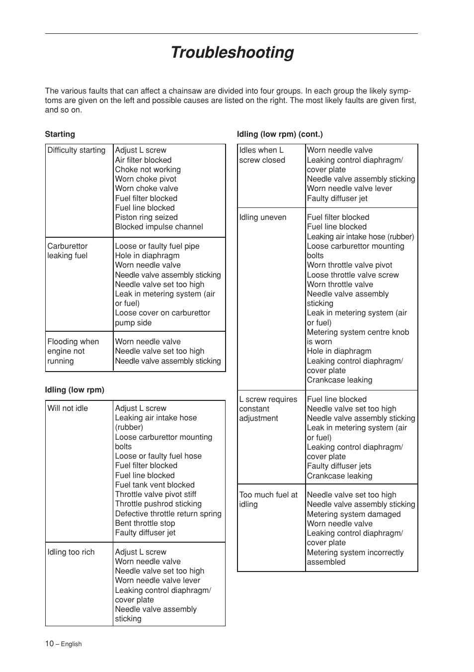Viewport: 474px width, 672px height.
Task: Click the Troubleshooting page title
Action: coord(232,52)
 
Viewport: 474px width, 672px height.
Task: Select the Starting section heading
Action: coord(60,134)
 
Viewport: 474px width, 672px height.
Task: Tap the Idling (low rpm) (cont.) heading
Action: coord(280,134)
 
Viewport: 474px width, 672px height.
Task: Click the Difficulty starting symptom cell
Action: coord(76,150)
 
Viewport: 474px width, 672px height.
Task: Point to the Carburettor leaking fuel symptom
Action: coord(67,251)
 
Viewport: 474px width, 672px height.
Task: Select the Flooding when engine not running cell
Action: coord(73,351)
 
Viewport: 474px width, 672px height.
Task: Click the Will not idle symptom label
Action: coord(68,408)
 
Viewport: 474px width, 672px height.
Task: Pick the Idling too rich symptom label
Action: coord(71,552)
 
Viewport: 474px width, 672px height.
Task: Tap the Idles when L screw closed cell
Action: coord(262,155)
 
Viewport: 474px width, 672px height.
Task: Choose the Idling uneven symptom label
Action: coord(262,217)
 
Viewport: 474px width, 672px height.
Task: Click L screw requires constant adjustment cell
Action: coord(268,409)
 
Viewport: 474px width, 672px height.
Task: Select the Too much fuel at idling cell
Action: coord(268,499)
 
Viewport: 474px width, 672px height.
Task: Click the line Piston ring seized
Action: coord(146,217)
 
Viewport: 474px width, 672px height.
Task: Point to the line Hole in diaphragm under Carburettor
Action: coord(147,256)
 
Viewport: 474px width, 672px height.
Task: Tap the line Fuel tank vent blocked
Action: coord(155,485)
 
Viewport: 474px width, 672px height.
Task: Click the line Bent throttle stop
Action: coord(145,523)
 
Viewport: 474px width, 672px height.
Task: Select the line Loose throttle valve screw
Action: coord(352,275)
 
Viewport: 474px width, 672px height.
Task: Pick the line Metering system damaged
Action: coord(353,514)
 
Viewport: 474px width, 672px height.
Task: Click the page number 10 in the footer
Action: coord(49,644)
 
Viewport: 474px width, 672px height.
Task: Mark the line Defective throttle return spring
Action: coord(168,514)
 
